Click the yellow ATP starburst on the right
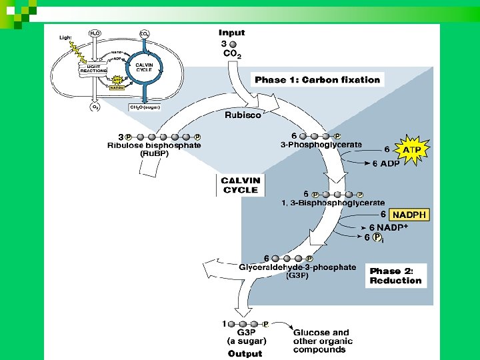tap(411, 150)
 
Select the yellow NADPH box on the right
tap(409, 215)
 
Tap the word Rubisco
tap(243, 115)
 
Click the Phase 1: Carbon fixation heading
tap(317, 80)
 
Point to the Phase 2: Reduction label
tap(396, 276)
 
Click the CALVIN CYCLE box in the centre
tap(241, 185)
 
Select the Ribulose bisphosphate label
tap(154, 145)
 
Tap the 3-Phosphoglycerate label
tap(321, 144)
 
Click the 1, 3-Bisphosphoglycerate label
tap(333, 203)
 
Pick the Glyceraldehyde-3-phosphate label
tap(297, 267)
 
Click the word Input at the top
tap(232, 33)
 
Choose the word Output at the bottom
tap(245, 353)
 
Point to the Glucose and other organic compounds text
tap(321, 341)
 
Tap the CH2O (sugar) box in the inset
tap(145, 107)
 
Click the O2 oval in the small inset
tap(95, 106)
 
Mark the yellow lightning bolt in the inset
tap(78, 51)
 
